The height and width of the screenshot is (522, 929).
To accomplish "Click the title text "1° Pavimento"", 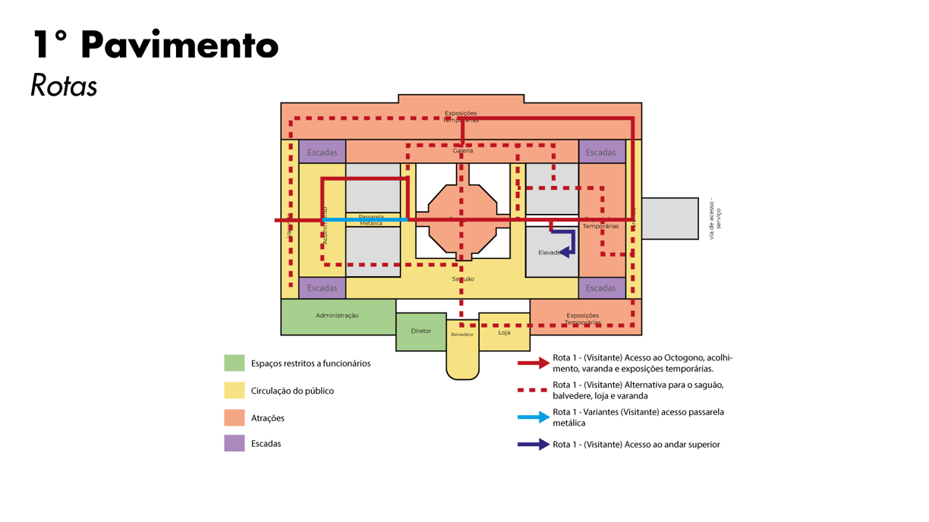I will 156,45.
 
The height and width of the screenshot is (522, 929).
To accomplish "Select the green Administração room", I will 337,316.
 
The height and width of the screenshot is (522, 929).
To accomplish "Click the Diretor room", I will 420,332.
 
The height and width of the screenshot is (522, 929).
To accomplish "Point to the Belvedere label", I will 461,335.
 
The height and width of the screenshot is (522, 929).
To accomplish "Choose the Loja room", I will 504,332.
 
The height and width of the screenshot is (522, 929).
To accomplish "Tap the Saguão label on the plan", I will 463,279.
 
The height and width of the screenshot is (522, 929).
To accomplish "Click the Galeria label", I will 463,151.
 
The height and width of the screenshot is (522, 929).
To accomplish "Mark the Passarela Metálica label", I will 371,220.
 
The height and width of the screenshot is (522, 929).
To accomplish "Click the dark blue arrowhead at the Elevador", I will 563,253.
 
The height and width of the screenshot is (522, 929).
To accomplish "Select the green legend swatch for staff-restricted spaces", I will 235,363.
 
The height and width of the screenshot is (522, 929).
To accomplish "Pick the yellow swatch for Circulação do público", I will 235,390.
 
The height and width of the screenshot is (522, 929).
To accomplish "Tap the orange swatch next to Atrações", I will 235,417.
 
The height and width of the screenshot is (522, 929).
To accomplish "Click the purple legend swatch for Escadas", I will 235,443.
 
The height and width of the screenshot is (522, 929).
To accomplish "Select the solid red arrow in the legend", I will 533,363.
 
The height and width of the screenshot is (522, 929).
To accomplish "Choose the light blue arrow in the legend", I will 533,417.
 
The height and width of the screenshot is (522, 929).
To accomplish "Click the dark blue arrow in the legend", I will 533,445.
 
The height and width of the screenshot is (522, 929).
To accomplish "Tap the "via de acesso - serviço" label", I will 715,219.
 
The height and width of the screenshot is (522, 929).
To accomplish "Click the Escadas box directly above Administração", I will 322,288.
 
